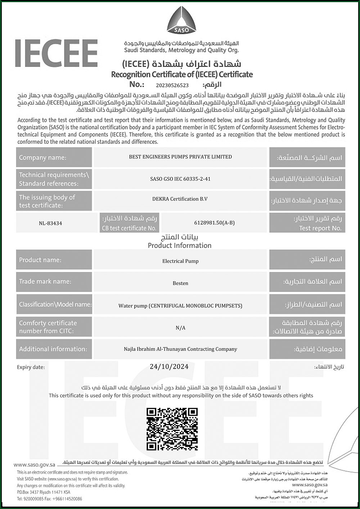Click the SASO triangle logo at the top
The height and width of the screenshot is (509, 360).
pos(181,20)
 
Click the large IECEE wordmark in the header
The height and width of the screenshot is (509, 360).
pos(57,53)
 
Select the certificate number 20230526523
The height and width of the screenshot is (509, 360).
pos(172,85)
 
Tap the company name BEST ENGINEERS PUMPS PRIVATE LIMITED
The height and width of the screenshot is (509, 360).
pos(180,157)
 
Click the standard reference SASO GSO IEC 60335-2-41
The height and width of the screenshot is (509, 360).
pos(180,179)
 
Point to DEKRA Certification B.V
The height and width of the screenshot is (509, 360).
pos(180,199)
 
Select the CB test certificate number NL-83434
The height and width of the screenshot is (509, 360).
pos(50,223)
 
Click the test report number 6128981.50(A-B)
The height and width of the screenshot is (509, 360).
pos(214,223)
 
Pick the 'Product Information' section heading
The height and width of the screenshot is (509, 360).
pos(180,246)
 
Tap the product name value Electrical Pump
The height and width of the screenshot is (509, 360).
pos(180,261)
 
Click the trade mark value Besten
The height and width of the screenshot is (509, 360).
pos(180,283)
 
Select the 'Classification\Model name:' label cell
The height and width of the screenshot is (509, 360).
pos(54,305)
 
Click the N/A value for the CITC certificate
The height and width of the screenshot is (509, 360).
pos(180,328)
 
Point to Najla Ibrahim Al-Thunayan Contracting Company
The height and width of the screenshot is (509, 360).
pos(180,349)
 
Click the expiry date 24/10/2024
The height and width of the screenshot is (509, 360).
pos(169,367)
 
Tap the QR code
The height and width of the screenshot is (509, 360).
pos(172,429)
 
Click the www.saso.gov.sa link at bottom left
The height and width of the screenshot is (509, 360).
pos(34,465)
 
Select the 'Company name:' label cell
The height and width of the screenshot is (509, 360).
pos(54,157)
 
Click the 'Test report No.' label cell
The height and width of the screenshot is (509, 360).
pos(307,223)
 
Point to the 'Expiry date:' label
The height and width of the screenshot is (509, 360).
pos(31,368)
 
